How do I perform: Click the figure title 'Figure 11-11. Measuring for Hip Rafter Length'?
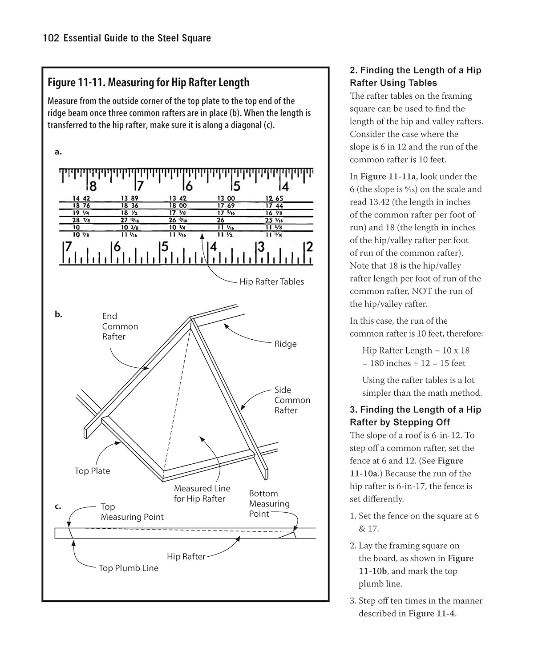[148, 83]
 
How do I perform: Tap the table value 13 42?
[178, 198]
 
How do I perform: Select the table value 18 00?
[178, 206]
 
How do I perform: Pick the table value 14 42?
[81, 198]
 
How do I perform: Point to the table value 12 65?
[274, 198]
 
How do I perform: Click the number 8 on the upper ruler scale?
[93, 186]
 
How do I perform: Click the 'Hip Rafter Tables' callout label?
[271, 282]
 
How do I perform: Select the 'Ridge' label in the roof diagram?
[285, 344]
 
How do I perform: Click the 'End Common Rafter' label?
[120, 326]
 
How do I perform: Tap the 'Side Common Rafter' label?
[292, 400]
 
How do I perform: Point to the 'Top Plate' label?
[92, 471]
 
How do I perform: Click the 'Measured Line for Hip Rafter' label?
[202, 494]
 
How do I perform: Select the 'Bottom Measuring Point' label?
[269, 504]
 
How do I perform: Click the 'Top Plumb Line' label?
[128, 568]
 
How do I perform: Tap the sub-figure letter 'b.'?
[58, 314]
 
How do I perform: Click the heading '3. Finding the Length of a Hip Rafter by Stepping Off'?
[415, 416]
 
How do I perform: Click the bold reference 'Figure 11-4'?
[432, 614]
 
